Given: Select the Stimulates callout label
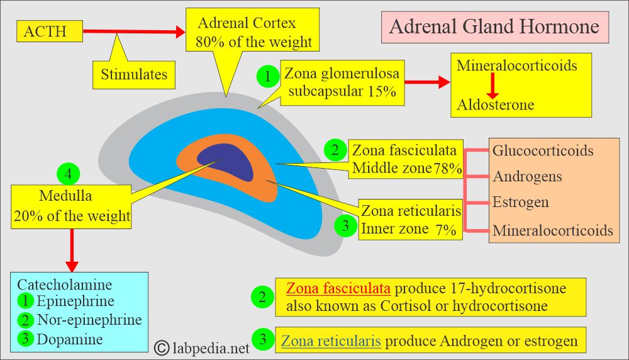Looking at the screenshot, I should [x=134, y=74].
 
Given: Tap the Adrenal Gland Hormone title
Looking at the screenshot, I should [x=494, y=27].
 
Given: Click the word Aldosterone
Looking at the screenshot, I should [x=496, y=104].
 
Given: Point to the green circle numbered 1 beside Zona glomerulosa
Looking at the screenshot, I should [x=268, y=77].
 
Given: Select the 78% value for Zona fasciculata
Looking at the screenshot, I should [x=447, y=168].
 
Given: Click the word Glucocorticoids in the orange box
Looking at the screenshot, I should [x=543, y=150].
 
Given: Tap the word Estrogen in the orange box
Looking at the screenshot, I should [x=520, y=202].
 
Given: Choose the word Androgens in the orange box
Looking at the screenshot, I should [x=527, y=176].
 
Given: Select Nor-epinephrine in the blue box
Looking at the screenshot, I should [x=89, y=320].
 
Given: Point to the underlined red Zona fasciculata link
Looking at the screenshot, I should [x=338, y=288].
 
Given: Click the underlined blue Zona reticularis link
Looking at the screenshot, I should [x=331, y=341].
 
